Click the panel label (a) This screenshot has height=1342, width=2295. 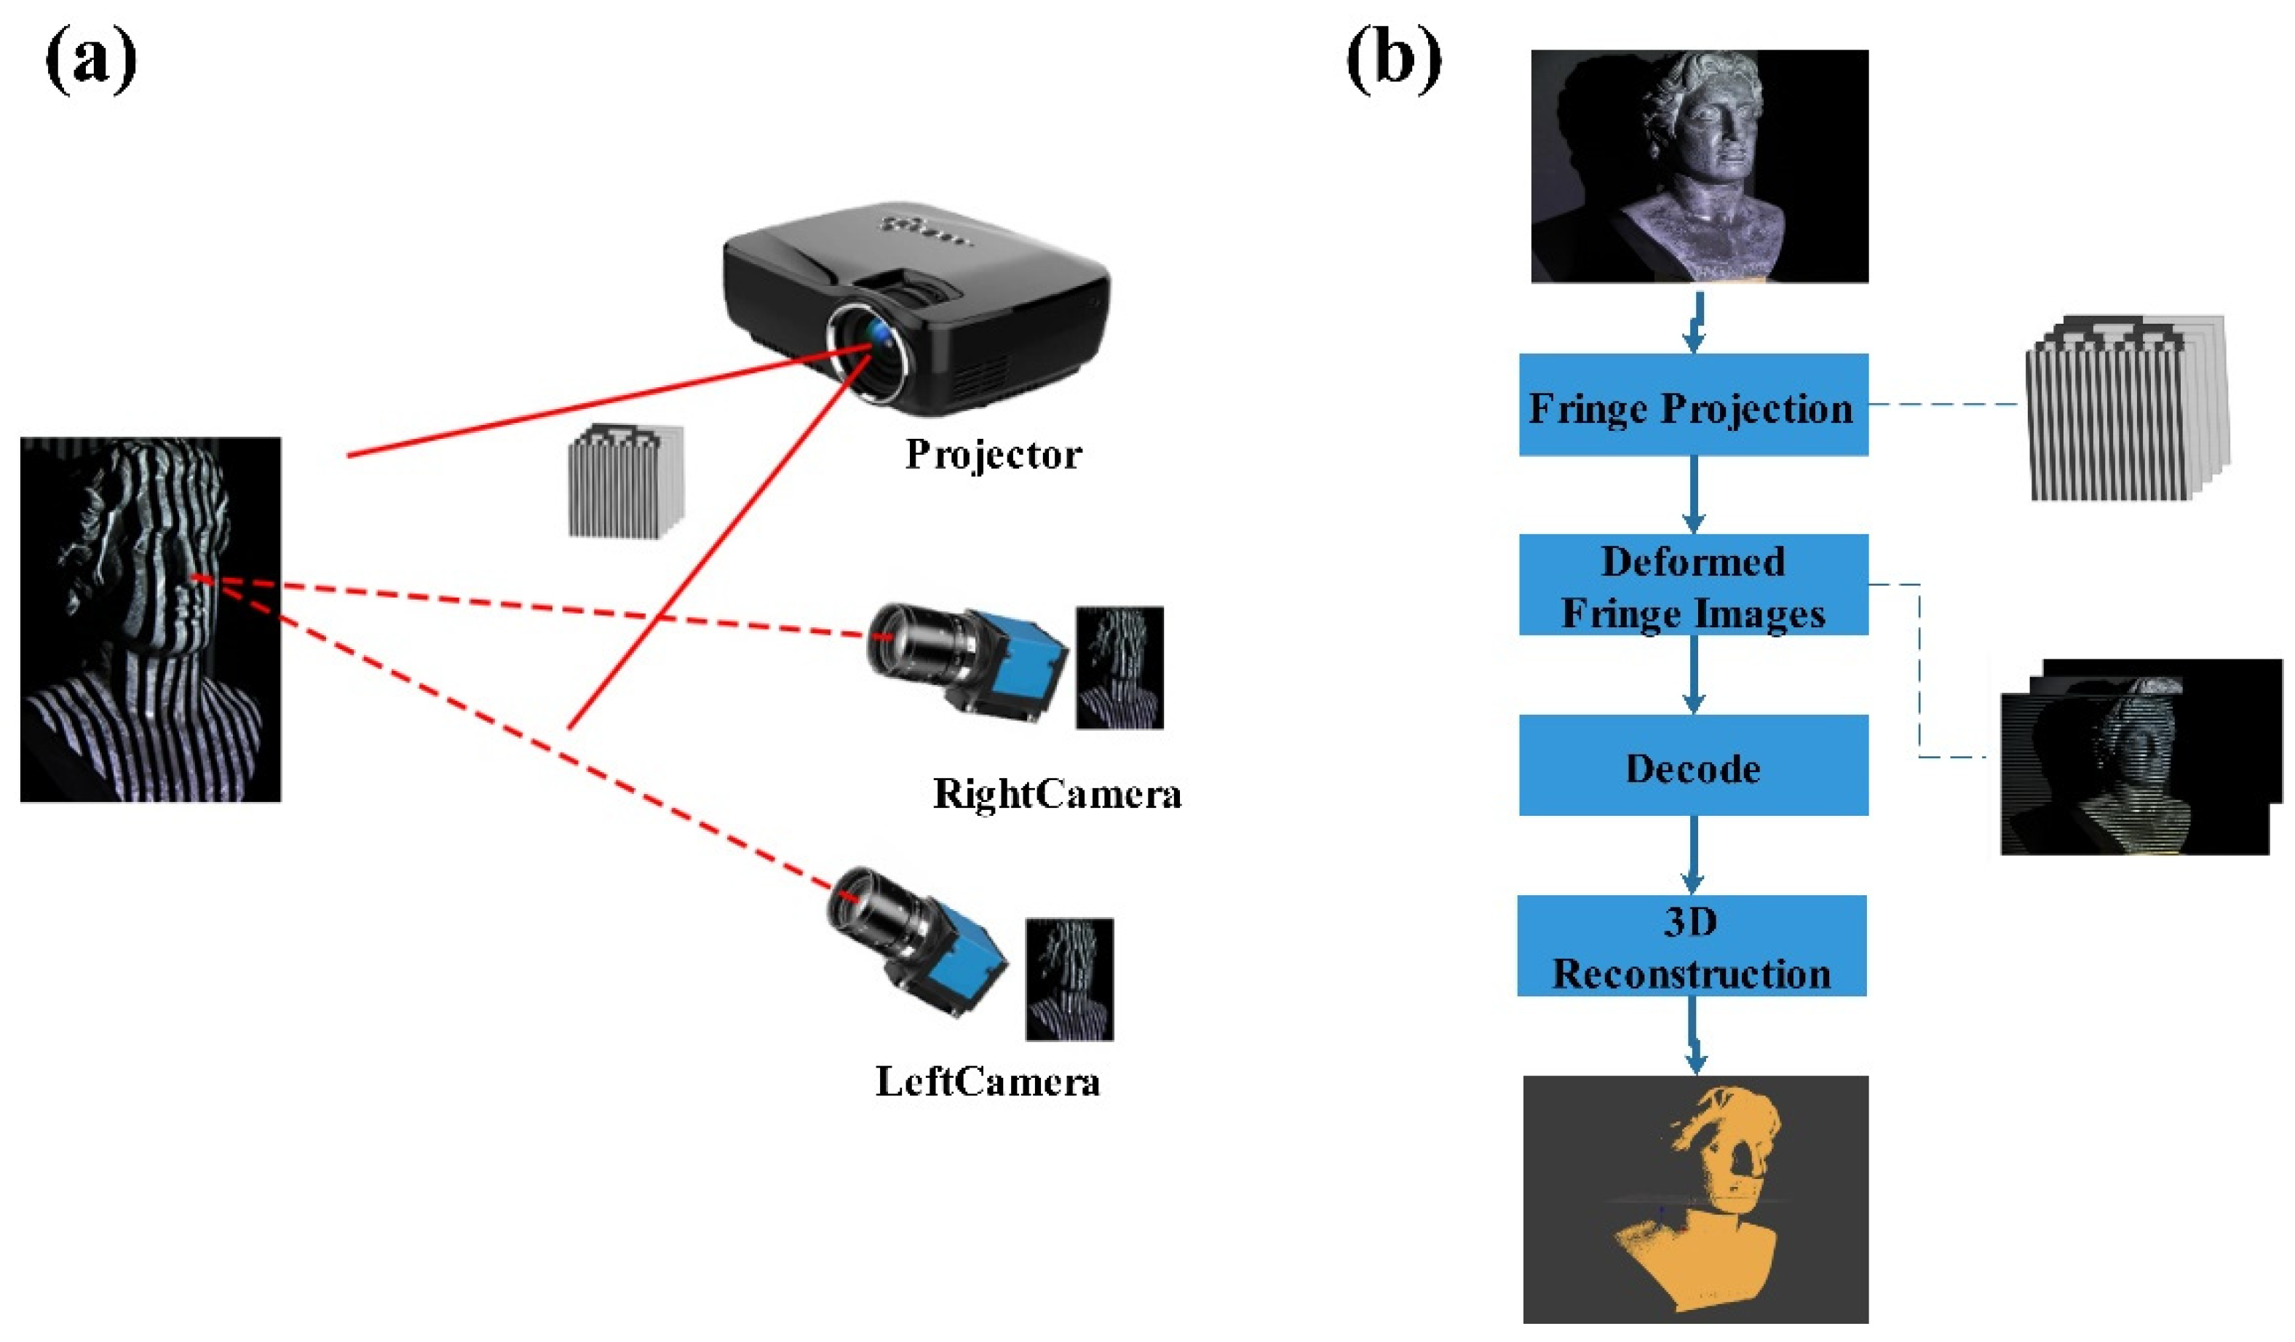coord(91,60)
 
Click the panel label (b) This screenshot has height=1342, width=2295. coord(1393,60)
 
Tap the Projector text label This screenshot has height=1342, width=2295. coord(994,454)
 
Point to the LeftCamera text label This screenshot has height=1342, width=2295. coord(988,1081)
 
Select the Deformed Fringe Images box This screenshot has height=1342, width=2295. coord(1693,584)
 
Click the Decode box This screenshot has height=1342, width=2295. coord(1693,765)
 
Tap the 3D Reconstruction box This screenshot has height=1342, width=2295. coord(1692,946)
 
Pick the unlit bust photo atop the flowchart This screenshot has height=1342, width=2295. coord(1700,166)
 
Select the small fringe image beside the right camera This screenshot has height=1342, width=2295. coord(1119,667)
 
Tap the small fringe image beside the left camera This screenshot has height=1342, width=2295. coord(1069,980)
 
